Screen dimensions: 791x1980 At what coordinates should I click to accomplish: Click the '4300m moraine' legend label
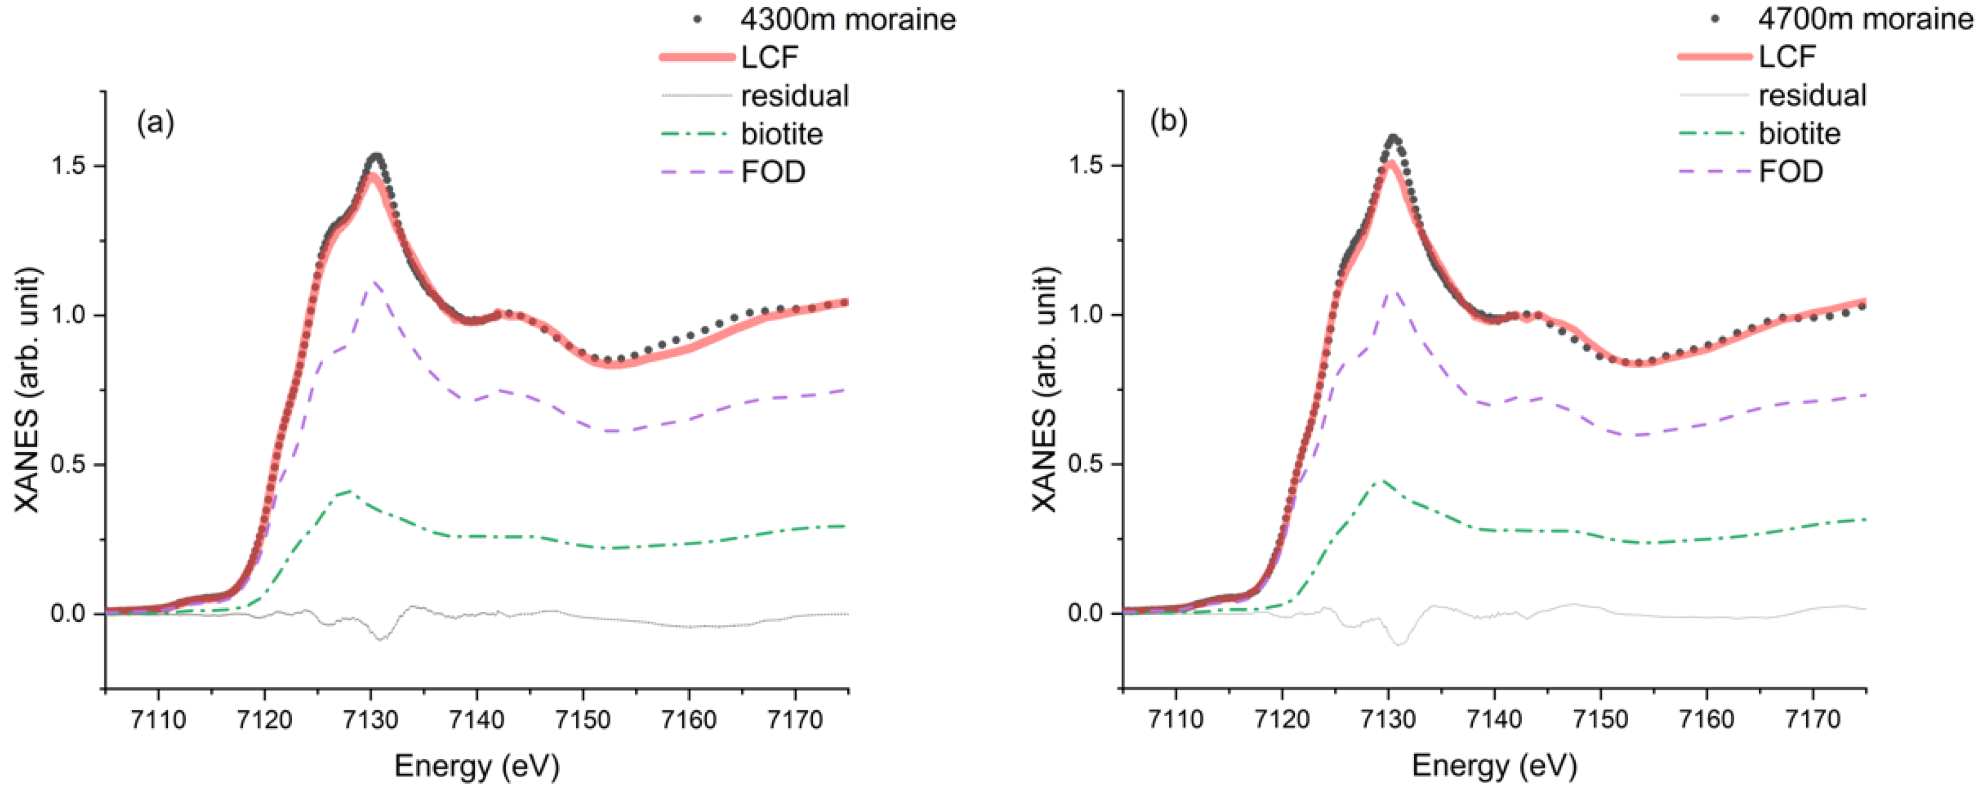847,19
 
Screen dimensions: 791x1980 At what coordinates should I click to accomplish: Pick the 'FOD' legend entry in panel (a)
773,172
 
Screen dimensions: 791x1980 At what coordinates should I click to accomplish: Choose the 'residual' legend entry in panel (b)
1812,95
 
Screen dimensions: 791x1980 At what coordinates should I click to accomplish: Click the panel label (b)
1168,122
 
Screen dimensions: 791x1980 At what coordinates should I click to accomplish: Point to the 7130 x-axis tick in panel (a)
371,720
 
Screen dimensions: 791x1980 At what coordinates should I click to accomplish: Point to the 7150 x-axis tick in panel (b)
1601,720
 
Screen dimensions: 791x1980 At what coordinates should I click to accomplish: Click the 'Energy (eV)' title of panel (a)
477,766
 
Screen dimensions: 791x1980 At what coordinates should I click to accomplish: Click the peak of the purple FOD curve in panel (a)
374,282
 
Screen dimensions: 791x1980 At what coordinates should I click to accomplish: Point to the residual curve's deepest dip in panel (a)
381,639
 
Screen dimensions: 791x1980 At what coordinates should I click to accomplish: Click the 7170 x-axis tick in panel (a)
795,720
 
